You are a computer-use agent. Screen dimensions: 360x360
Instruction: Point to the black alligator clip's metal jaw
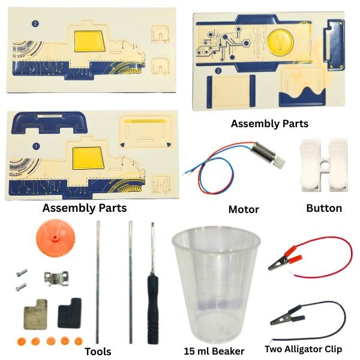[280, 319]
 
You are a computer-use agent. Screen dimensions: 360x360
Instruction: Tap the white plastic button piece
[324, 165]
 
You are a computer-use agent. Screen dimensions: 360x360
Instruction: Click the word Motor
[244, 209]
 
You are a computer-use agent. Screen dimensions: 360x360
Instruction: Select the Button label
[324, 208]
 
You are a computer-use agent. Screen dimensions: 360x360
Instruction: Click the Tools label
[98, 352]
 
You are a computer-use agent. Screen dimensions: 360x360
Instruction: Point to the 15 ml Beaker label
[214, 351]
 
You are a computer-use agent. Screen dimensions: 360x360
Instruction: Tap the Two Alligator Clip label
[303, 349]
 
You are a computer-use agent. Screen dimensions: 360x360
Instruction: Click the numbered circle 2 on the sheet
[35, 24]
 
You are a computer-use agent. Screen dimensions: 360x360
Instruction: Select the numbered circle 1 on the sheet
[36, 146]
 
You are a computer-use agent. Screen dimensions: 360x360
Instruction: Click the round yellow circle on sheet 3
[281, 42]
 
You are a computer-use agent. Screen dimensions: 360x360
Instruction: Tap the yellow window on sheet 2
[89, 41]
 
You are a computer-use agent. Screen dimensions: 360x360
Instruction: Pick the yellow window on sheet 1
[88, 158]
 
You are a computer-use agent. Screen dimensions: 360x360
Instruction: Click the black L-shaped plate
[70, 313]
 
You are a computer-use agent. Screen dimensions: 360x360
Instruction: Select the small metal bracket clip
[56, 278]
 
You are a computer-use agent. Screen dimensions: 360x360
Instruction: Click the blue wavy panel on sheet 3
[302, 97]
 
